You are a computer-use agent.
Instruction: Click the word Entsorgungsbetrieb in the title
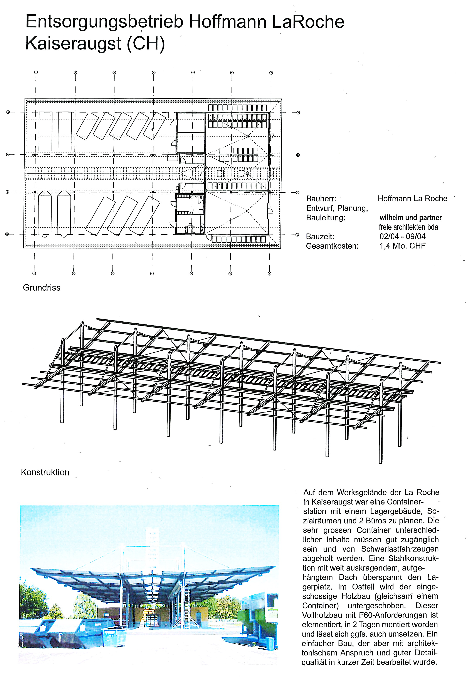tap(104, 22)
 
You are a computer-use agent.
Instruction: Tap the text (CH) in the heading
tap(146, 44)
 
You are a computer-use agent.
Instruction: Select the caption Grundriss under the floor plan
tap(42, 288)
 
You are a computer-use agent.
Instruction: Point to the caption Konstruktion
tap(45, 472)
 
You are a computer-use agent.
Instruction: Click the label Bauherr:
tap(321, 199)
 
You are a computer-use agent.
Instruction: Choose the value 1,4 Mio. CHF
tap(402, 246)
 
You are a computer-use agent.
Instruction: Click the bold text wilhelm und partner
tap(410, 218)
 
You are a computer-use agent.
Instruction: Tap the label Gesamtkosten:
tap(332, 246)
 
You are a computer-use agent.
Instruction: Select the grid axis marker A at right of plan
tap(298, 113)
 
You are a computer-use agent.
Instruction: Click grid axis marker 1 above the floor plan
tap(36, 72)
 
